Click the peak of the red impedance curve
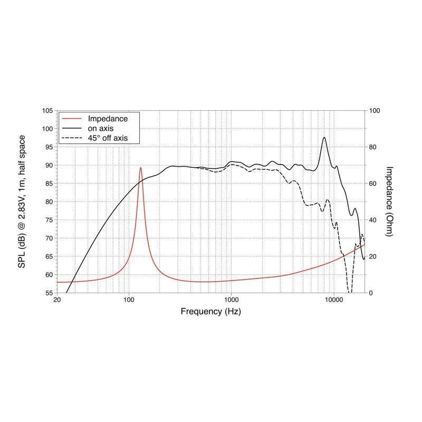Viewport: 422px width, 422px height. coord(141,168)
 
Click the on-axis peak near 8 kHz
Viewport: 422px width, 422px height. coord(324,138)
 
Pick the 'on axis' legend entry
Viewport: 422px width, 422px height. coord(101,128)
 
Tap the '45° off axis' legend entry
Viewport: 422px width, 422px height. coord(108,138)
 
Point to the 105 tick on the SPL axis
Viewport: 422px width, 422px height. coord(48,110)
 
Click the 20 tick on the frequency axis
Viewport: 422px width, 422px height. coord(57,300)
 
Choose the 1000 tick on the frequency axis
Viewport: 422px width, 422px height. coord(231,300)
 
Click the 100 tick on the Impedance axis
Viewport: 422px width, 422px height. coord(375,110)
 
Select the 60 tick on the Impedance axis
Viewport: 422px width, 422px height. coord(373,184)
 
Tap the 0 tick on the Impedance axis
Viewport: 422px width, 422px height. coord(371,293)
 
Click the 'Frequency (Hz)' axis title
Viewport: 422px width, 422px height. coord(211,311)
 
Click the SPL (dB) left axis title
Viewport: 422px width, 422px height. coord(22,202)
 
